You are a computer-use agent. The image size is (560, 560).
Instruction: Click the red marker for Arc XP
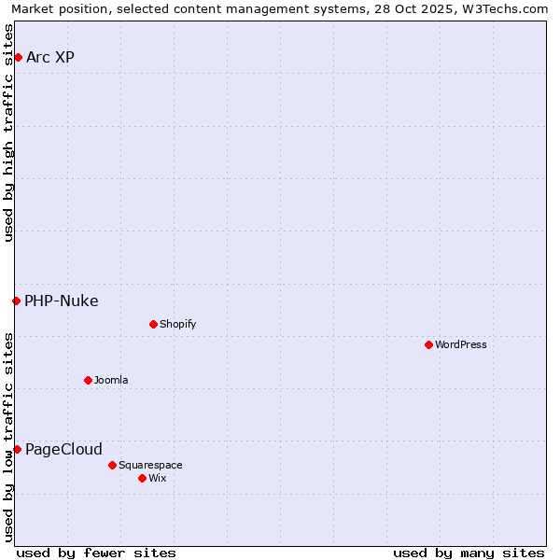pos(18,58)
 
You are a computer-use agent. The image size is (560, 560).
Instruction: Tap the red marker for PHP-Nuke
pos(16,301)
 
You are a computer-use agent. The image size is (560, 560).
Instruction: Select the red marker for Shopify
pos(153,325)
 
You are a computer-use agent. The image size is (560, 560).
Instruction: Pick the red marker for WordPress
pos(428,345)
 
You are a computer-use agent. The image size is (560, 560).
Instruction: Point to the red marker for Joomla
pos(88,381)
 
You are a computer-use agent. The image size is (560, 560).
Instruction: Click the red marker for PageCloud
pos(17,450)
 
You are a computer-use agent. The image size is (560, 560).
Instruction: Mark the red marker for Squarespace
pos(112,465)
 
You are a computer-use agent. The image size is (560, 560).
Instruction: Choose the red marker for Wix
pos(142,479)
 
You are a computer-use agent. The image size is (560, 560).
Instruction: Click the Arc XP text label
pos(50,58)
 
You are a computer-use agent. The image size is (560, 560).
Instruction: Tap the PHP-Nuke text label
pos(62,301)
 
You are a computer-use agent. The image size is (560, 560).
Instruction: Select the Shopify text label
pos(177,325)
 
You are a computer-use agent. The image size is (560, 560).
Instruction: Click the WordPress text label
pos(461,345)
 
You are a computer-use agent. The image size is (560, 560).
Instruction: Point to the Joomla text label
pos(111,381)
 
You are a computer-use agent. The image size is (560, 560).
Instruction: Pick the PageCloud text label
pos(63,450)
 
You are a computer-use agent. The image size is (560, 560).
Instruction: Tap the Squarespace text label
pos(150,465)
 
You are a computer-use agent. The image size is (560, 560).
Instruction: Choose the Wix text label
pos(158,479)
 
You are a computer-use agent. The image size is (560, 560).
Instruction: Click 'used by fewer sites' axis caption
pos(96,553)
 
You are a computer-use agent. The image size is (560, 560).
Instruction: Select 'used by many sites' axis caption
pos(469,553)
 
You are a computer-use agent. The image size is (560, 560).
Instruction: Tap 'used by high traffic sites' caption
pos(8,133)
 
